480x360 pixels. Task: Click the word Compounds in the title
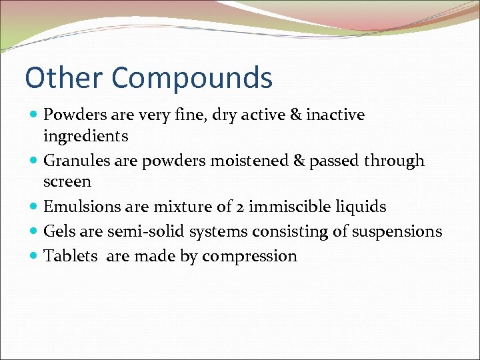pos(192,78)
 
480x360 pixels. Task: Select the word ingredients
pos(85,136)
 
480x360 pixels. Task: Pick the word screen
pos(67,181)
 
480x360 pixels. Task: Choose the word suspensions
pos(396,231)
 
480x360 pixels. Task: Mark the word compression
pos(249,257)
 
